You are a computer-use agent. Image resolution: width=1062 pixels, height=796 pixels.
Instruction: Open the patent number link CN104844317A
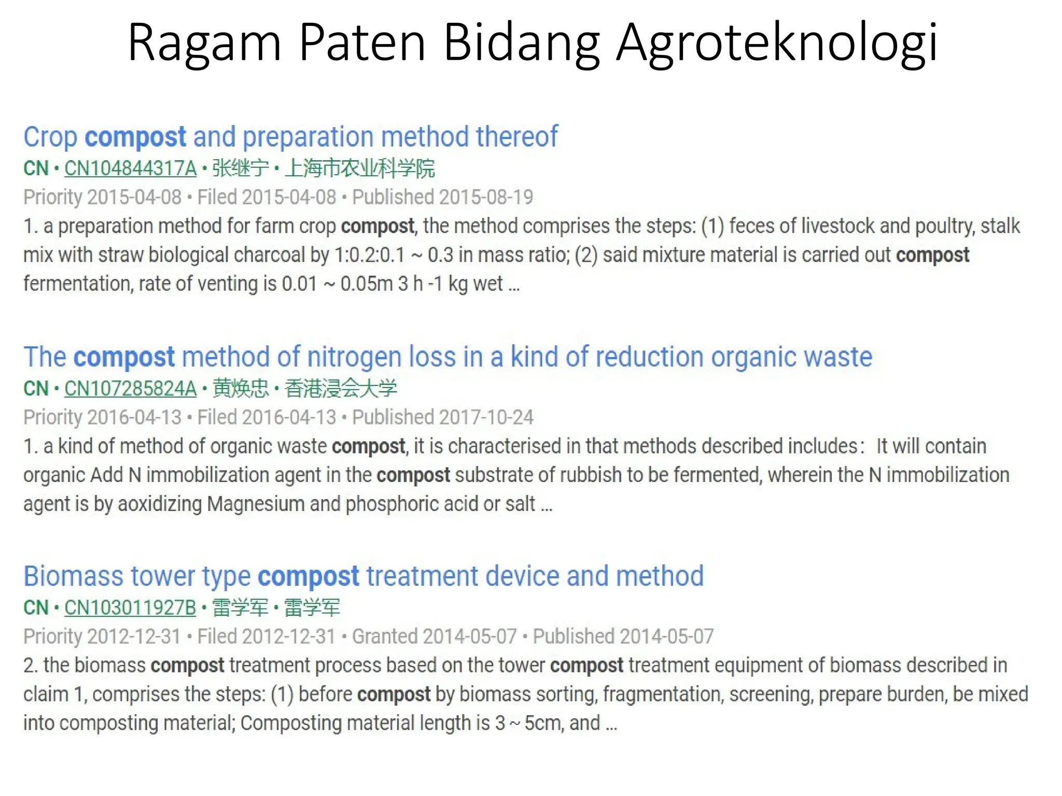pos(130,168)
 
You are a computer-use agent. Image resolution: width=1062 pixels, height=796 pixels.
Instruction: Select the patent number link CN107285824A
pos(130,389)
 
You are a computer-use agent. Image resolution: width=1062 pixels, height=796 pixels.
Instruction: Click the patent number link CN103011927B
pos(130,608)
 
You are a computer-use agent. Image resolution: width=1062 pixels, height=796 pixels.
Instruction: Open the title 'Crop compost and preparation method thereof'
pos(290,137)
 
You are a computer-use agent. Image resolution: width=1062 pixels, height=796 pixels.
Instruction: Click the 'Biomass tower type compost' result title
pos(363,576)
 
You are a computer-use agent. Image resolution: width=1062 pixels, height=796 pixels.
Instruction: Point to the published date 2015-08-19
pos(486,197)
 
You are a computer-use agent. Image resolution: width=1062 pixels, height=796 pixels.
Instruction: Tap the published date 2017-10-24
pos(486,418)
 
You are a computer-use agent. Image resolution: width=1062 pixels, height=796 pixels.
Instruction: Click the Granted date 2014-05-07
pos(470,637)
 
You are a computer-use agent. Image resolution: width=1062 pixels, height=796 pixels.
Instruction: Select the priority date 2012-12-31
pos(134,637)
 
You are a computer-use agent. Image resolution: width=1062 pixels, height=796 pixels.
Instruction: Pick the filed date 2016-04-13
pos(289,418)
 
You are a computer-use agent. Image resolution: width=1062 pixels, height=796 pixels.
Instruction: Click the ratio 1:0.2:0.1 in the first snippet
pos(369,255)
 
